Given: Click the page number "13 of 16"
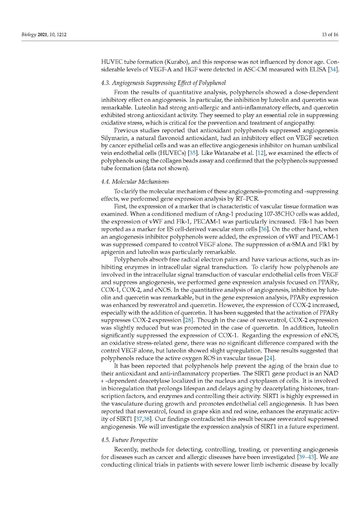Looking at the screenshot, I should [330, 34].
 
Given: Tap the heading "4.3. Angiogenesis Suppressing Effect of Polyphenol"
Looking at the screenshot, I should [163, 83].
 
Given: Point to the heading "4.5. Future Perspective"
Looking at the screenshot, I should [129, 440].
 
